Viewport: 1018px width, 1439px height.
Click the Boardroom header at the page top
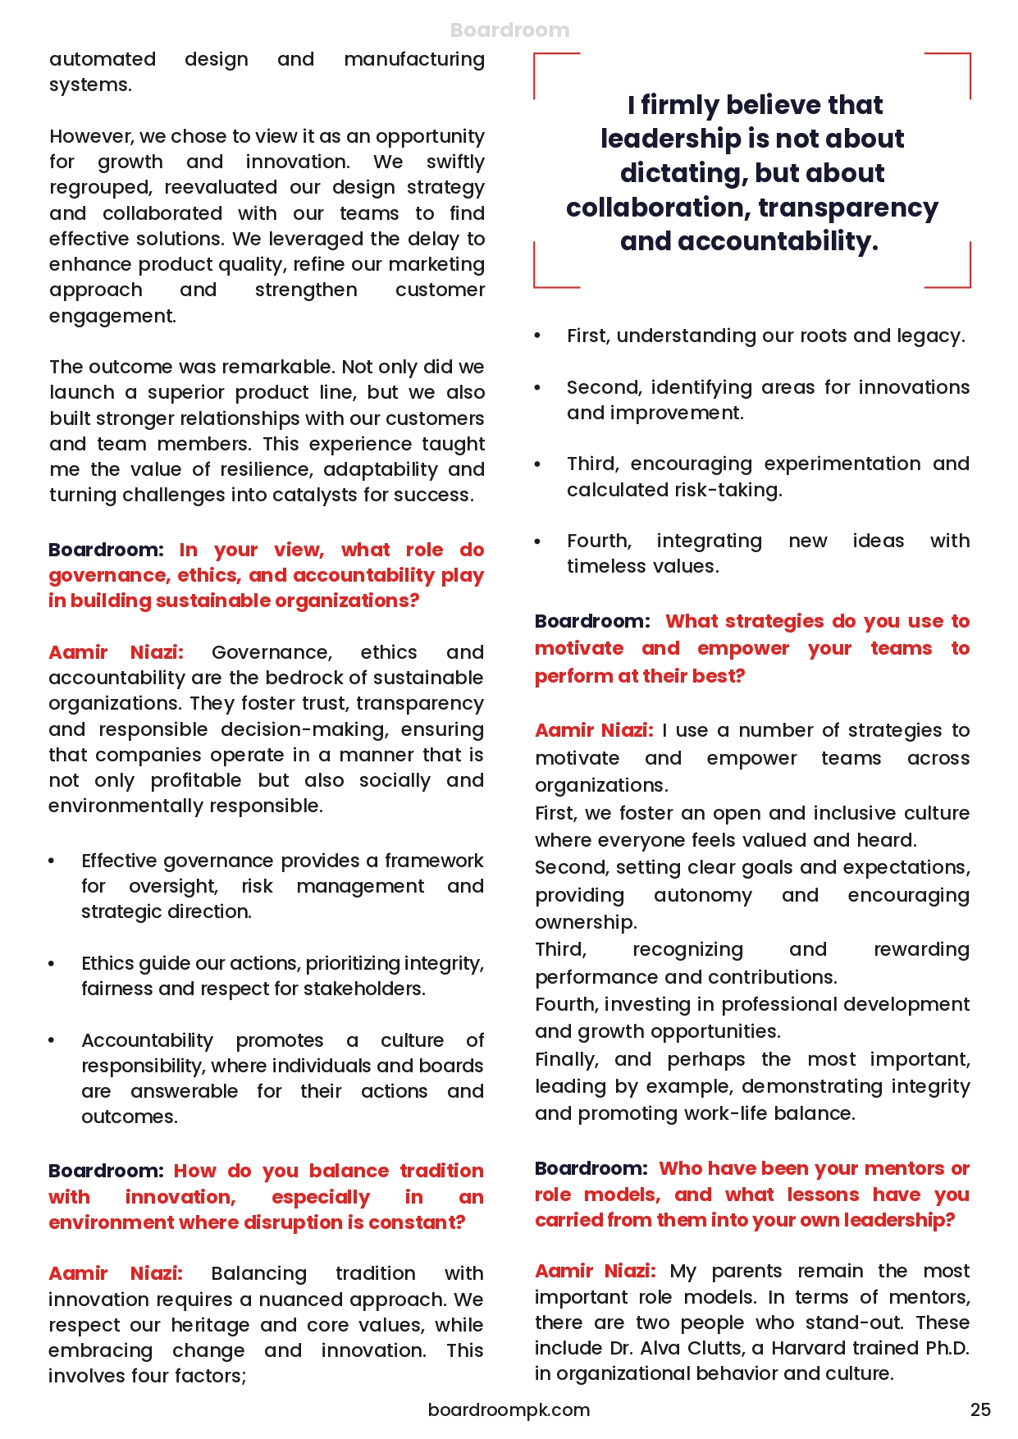click(509, 30)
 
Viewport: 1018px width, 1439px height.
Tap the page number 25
click(980, 1409)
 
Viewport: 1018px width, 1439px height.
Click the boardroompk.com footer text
click(509, 1409)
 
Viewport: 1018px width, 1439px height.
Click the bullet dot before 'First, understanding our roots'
click(538, 336)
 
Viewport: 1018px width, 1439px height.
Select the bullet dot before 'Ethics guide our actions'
click(52, 964)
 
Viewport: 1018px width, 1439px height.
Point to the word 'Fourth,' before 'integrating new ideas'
click(599, 541)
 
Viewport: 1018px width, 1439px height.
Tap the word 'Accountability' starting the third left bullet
click(147, 1040)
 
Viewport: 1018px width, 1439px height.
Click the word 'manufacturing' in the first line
click(414, 59)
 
